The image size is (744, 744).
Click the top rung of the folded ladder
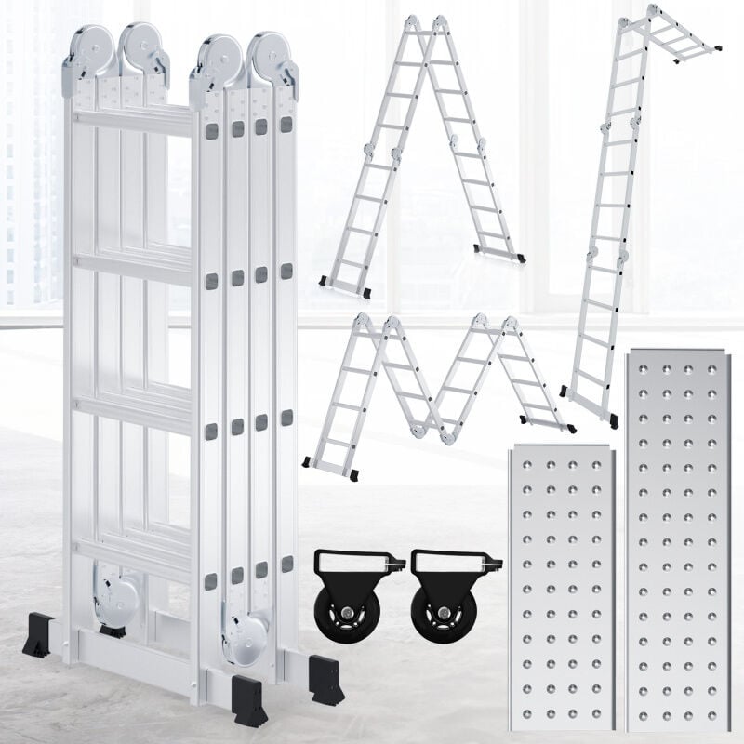[135, 121]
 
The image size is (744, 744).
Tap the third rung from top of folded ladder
[135, 409]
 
